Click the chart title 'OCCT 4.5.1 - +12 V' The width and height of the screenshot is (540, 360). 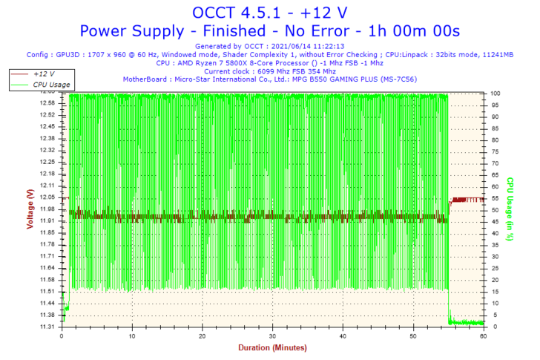pos(269,12)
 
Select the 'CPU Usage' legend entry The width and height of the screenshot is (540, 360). pos(51,85)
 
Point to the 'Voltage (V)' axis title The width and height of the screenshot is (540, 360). pos(30,209)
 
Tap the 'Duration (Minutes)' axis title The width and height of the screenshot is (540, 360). pos(271,347)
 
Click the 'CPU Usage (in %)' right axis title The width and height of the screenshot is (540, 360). pos(511,209)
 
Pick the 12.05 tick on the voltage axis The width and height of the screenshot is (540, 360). pos(48,197)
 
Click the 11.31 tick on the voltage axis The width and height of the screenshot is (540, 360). pos(48,327)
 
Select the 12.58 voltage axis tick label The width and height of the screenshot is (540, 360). pos(48,103)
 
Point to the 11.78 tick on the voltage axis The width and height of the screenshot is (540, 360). pos(48,244)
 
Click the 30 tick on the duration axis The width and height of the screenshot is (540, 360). pos(272,336)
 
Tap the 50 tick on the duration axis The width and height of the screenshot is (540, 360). pos(413,336)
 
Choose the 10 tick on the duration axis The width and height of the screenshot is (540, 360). pos(132,336)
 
